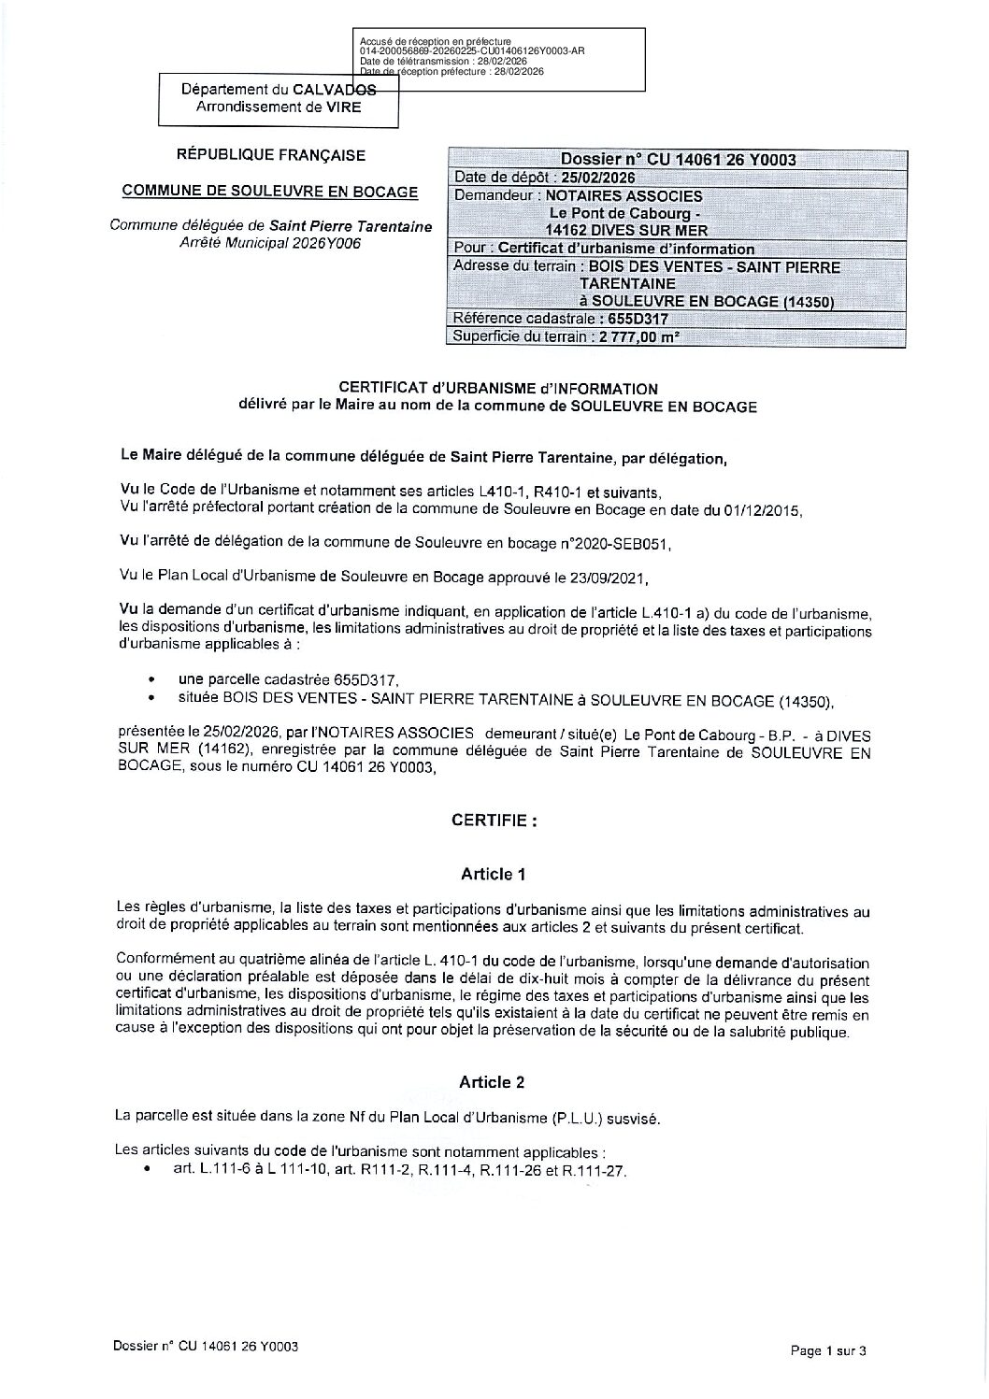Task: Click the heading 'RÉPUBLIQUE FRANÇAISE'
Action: point(271,155)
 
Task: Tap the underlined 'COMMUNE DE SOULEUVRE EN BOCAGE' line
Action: point(271,192)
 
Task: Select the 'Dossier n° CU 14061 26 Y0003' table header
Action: point(677,159)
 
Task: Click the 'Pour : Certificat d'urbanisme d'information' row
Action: point(603,249)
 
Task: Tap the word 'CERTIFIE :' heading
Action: point(494,821)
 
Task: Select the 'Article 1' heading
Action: point(493,875)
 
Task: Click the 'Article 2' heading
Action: point(492,1082)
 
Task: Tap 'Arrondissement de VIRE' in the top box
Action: point(278,107)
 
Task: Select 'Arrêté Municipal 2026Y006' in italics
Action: point(270,243)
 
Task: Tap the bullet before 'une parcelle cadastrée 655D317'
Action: point(152,680)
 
